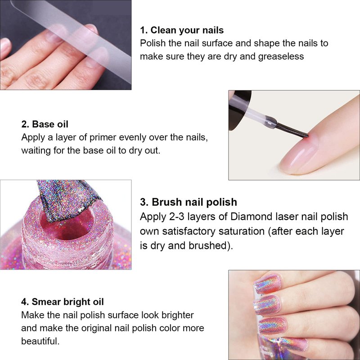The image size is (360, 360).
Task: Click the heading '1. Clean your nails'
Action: tap(182, 30)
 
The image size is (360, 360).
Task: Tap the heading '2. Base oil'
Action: tap(45, 124)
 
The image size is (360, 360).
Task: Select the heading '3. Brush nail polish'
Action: tap(189, 202)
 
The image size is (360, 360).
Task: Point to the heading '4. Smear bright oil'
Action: tap(63, 301)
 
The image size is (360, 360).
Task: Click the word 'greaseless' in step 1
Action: tap(281, 57)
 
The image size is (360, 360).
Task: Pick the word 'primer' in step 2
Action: tap(103, 138)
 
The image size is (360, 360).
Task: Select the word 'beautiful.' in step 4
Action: tap(40, 341)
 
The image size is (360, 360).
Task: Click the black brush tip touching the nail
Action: tap(293, 131)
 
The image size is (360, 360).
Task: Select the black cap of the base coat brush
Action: tap(239, 110)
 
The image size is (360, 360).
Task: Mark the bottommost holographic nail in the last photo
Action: tap(290, 344)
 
